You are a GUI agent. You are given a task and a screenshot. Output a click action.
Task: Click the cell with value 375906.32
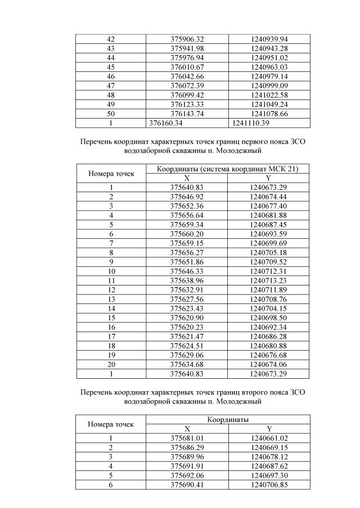pos(187,39)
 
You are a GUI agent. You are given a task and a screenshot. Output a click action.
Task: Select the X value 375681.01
pos(187,438)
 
